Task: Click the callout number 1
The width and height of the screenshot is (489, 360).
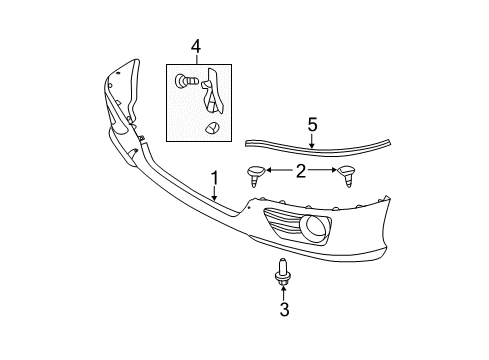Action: tap(214, 179)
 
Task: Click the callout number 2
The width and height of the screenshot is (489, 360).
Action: tap(301, 171)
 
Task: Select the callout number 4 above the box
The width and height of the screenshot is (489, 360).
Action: tap(197, 45)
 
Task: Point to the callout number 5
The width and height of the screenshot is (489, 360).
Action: tap(312, 125)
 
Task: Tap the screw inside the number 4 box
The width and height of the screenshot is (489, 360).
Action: tap(184, 81)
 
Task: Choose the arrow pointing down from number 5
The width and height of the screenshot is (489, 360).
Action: tap(312, 142)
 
